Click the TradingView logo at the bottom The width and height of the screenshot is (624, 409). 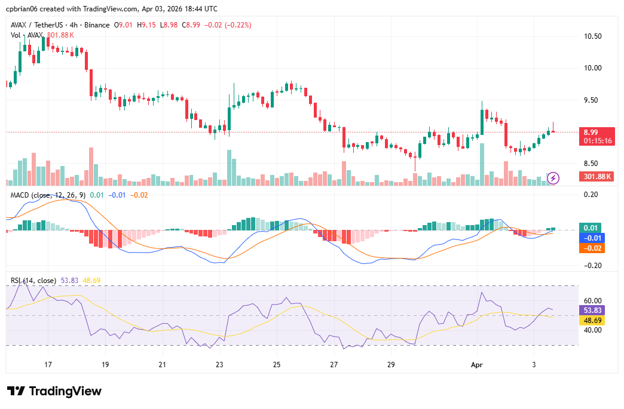tap(54, 391)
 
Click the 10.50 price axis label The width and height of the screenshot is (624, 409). tap(592, 36)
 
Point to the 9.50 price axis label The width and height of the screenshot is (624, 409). tap(592, 100)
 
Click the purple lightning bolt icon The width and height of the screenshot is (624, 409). tap(553, 177)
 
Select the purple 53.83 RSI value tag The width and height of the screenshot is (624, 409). tap(592, 310)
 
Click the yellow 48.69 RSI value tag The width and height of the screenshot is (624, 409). tap(592, 321)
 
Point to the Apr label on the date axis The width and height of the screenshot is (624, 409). tap(476, 364)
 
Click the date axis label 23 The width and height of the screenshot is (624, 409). tap(219, 364)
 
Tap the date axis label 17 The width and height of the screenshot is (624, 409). tap(48, 364)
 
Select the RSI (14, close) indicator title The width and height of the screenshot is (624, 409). tap(33, 280)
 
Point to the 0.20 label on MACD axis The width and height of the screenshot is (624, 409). tap(591, 195)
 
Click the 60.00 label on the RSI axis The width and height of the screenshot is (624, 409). tap(592, 301)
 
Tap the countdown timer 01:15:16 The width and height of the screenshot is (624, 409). tap(598, 141)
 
